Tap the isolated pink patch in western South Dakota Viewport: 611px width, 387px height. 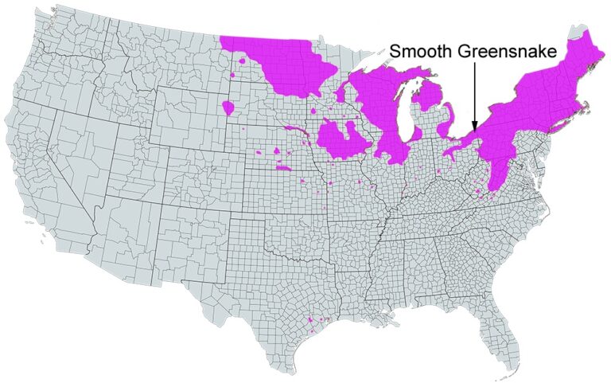pyautogui.click(x=228, y=107)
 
